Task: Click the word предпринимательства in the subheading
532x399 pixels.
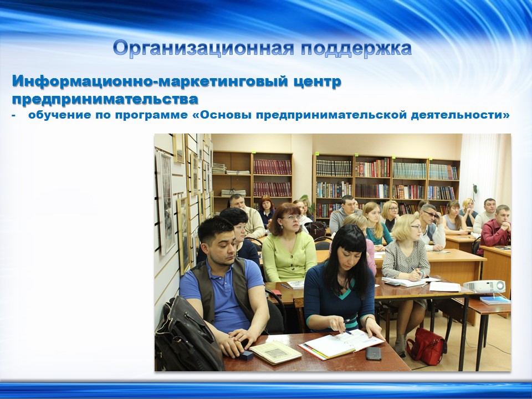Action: pyautogui.click(x=105, y=99)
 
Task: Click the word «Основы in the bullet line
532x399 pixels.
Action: pyautogui.click(x=222, y=115)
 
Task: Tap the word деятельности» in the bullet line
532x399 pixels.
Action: pyautogui.click(x=460, y=115)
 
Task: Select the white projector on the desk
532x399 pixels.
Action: pyautogui.click(x=484, y=287)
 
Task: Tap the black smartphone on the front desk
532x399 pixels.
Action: pyautogui.click(x=373, y=354)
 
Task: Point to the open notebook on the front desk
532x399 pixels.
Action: pyautogui.click(x=341, y=344)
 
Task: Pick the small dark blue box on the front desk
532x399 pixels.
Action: pyautogui.click(x=246, y=355)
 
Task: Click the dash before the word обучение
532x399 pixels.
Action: pyautogui.click(x=14, y=116)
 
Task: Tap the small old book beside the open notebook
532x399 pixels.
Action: pyautogui.click(x=275, y=352)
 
